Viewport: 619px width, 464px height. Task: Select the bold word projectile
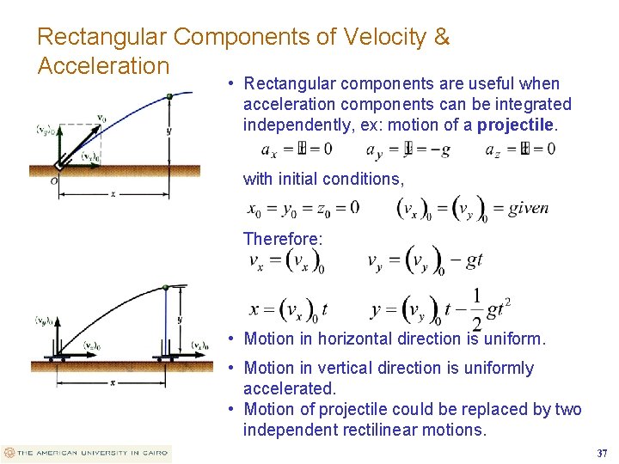click(516, 125)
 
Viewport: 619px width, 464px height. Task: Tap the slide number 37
click(601, 453)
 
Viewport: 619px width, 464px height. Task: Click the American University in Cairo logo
click(86, 453)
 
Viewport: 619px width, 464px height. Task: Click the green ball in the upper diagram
click(169, 96)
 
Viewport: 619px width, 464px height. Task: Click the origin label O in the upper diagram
click(53, 180)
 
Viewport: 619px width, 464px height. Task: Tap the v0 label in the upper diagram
click(101, 118)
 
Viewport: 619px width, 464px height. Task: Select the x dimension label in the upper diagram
click(113, 194)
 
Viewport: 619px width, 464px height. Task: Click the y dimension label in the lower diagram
click(180, 320)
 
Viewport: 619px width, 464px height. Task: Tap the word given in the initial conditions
click(528, 208)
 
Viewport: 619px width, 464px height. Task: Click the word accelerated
click(290, 388)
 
